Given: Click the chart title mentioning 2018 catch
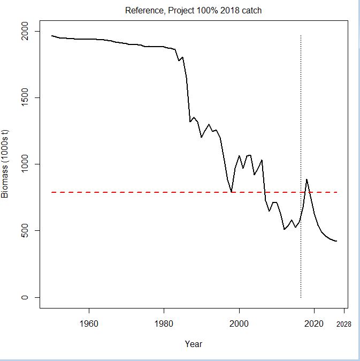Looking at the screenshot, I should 193,11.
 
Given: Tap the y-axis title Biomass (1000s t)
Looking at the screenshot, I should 5,164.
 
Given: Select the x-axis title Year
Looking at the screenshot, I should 193,344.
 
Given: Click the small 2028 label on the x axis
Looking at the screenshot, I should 344,324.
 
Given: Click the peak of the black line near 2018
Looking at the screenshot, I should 307,179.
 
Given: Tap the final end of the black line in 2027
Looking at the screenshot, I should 337,241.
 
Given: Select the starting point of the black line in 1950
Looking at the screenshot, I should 51,36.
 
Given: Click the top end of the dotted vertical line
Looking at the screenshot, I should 301,36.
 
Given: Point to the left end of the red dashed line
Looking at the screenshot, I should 52,192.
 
